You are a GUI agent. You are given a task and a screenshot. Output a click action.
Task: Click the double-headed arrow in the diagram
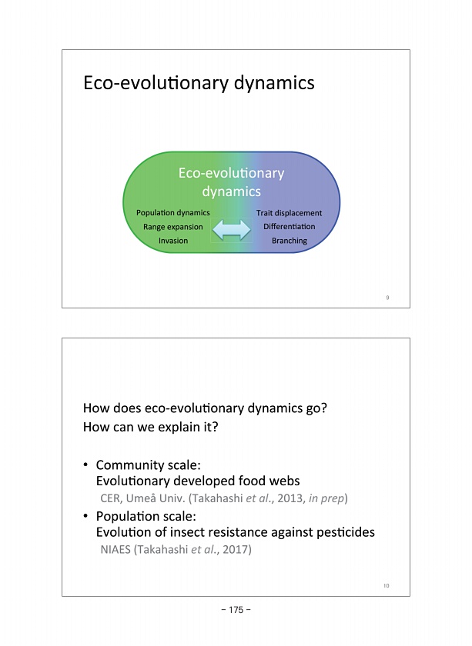tap(232, 228)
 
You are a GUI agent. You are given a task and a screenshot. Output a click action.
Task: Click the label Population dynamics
tap(172, 212)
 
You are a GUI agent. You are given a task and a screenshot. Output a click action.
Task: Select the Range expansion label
tap(173, 227)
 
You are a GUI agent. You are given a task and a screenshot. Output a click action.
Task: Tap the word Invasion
tap(173, 241)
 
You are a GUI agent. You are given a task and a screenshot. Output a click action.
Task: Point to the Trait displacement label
tap(289, 212)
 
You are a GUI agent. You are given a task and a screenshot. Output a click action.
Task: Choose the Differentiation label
tap(289, 227)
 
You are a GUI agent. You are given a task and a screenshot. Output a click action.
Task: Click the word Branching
tap(290, 241)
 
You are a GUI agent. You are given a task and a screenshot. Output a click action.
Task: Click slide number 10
tap(387, 586)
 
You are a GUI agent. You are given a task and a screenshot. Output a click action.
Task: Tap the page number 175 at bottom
tap(236, 610)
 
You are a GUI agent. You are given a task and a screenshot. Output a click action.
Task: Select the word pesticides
tap(341, 532)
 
